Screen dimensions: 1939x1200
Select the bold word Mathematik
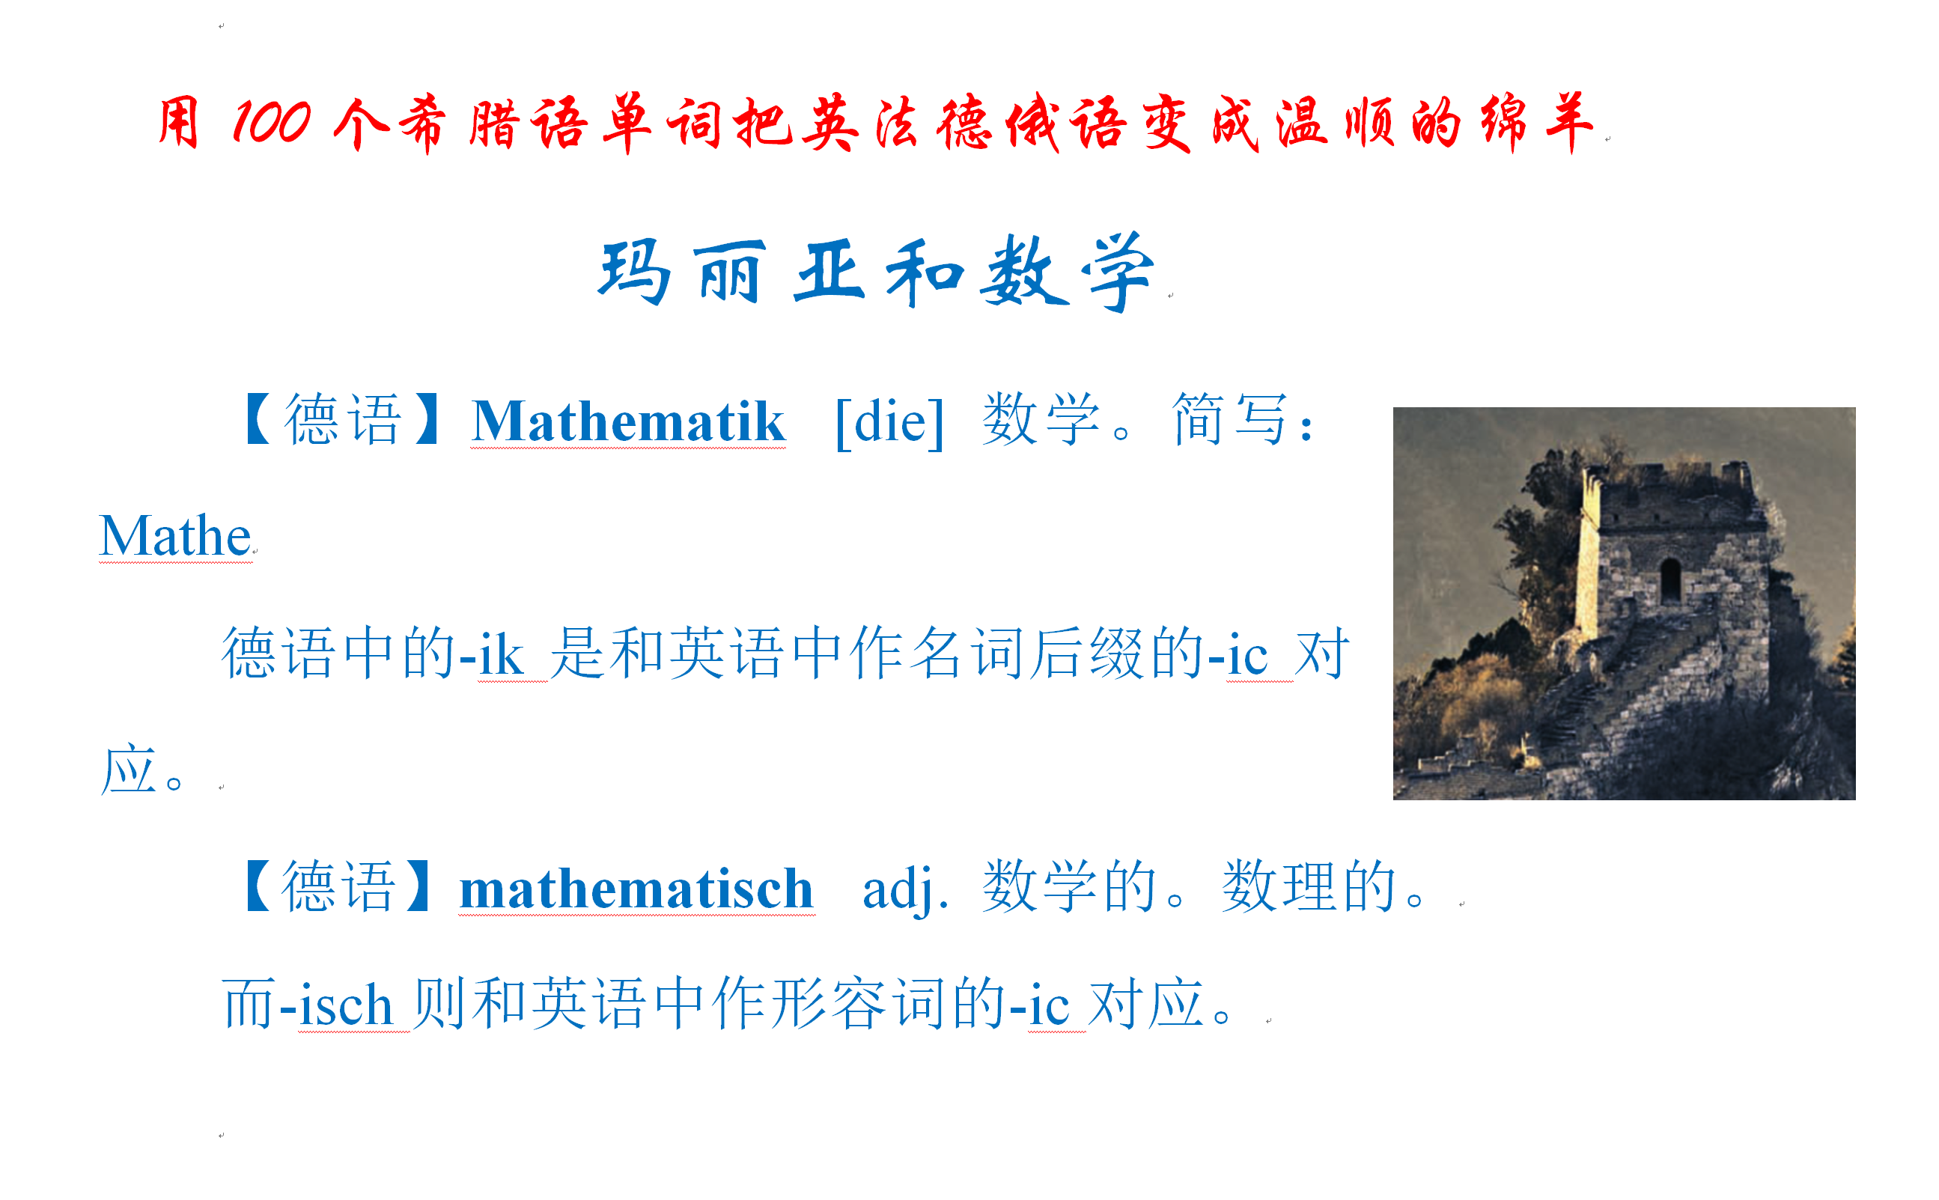628,421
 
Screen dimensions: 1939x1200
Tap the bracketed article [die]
889,421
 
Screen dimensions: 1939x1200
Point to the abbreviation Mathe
175,536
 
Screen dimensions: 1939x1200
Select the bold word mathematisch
636,888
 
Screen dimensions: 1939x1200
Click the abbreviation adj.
905,889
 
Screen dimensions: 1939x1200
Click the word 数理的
1308,886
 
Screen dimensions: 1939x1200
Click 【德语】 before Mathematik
343,419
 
